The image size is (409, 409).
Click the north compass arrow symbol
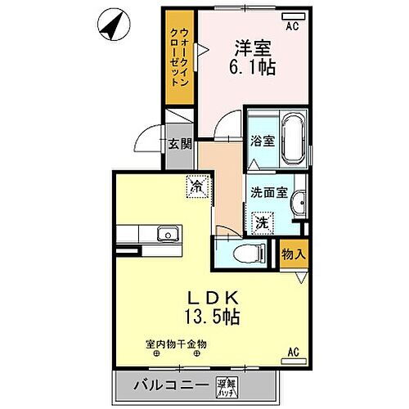click(112, 25)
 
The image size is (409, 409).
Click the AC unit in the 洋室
click(291, 17)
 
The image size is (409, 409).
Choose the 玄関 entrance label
click(180, 144)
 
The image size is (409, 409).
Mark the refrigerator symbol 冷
click(196, 186)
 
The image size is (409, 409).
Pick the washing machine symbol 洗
click(263, 221)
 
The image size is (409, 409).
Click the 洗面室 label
click(269, 195)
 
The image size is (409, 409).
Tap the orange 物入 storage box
click(294, 254)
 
